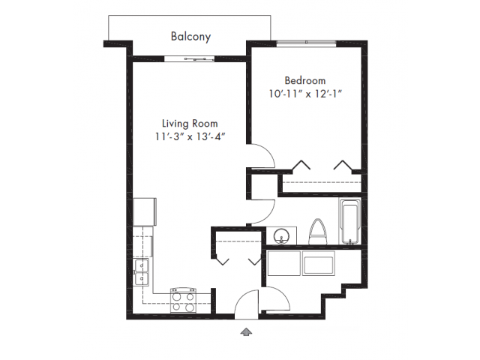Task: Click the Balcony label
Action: (x=190, y=37)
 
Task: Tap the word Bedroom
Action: (x=305, y=80)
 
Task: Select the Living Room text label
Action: (x=190, y=124)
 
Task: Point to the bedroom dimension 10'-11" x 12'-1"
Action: (x=305, y=94)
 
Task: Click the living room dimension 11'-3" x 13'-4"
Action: (x=190, y=136)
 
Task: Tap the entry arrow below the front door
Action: (x=246, y=332)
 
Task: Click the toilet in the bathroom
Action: (x=318, y=232)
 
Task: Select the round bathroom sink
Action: (x=281, y=237)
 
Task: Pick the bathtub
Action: (x=349, y=222)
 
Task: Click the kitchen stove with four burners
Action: (x=183, y=300)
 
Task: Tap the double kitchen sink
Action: (x=141, y=272)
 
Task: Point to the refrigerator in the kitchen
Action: (x=145, y=212)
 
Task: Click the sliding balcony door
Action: (x=189, y=59)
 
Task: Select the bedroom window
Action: (x=307, y=43)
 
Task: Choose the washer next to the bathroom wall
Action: (x=283, y=263)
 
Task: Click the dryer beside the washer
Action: (x=318, y=263)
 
